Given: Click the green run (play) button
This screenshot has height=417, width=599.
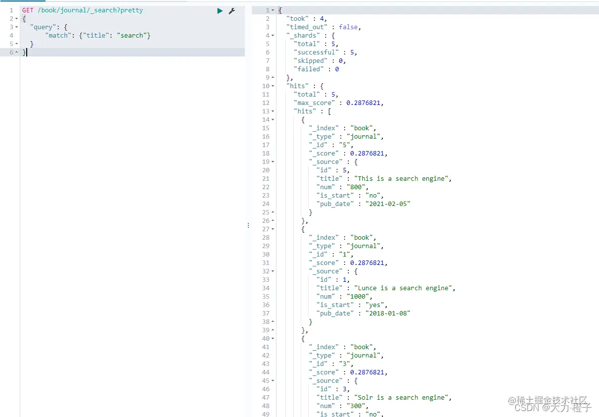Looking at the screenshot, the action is click(x=220, y=11).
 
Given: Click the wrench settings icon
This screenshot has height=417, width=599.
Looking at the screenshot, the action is click(x=232, y=11).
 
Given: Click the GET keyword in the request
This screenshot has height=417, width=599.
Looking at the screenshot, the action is click(x=28, y=10).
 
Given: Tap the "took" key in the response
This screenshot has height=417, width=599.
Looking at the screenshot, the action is click(x=297, y=18).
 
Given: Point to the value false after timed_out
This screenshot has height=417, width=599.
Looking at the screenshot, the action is click(x=348, y=27).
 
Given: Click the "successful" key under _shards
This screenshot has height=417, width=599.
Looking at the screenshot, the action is click(x=316, y=52).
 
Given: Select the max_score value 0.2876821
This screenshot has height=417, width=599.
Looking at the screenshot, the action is click(x=363, y=103).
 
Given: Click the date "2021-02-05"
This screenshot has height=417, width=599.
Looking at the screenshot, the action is click(x=388, y=204).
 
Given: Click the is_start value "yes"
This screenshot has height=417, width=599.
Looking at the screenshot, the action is click(x=374, y=305).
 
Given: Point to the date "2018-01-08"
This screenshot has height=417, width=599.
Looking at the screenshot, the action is click(x=388, y=313).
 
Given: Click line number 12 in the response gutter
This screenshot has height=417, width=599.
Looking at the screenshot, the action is click(x=266, y=103).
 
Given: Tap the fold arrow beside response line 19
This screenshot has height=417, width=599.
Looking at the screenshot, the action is click(x=273, y=162).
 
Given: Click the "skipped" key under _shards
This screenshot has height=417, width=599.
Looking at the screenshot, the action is click(x=311, y=61).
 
